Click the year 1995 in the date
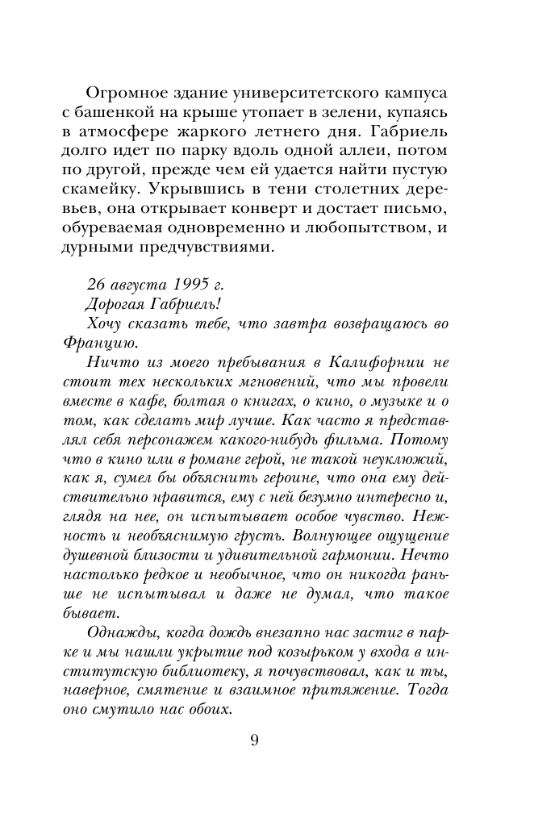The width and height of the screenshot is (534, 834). (191, 286)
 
